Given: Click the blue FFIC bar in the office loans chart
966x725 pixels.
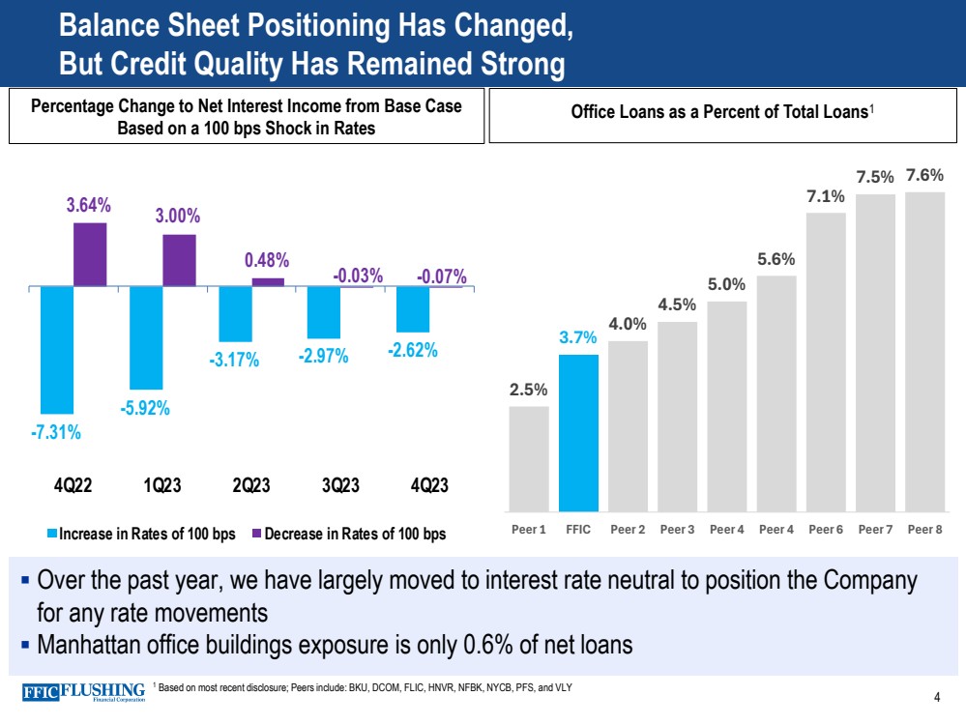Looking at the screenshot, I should tap(578, 432).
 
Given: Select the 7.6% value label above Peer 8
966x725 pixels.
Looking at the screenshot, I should tap(924, 176).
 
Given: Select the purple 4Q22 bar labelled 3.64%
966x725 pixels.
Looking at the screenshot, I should tap(90, 255).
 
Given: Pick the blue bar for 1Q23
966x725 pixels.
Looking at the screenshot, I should tap(146, 338).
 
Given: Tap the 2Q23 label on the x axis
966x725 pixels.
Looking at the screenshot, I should tap(250, 485).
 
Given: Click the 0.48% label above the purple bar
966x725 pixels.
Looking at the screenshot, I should tap(267, 260).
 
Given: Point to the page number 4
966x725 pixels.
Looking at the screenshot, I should tap(937, 698).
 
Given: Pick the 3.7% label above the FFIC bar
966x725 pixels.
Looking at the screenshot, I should tap(578, 337).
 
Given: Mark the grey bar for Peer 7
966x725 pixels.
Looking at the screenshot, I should tap(875, 352).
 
